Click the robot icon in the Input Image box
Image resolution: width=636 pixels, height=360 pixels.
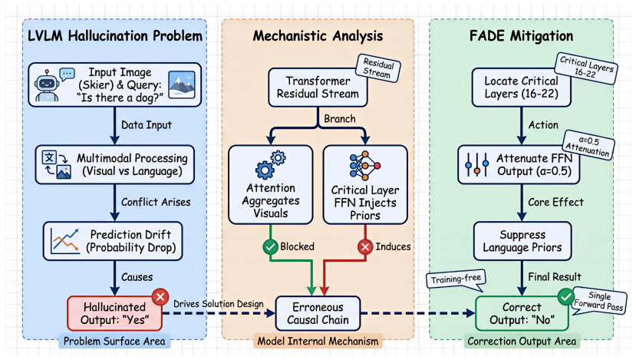coord(47,85)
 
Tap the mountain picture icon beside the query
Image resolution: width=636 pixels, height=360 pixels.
coord(182,85)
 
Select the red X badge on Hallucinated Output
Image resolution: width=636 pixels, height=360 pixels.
coord(160,297)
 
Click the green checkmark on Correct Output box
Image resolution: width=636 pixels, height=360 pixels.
coord(566,296)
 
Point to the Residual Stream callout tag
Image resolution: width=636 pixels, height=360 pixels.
coord(378,68)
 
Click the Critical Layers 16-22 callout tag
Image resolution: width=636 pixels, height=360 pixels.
coord(586,68)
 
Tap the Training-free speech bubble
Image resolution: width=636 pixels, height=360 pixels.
coord(456,279)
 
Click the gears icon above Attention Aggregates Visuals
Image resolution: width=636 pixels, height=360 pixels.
coord(271,165)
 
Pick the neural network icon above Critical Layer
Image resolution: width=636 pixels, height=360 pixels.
coord(364,166)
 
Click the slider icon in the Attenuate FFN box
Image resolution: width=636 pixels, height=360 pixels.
coord(477,164)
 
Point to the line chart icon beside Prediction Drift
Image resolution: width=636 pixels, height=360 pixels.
coord(65,241)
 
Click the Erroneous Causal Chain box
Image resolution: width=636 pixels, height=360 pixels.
coord(318,313)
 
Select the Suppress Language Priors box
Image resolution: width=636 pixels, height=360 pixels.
coord(522,241)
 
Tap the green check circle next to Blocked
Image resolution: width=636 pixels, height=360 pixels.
coord(270,246)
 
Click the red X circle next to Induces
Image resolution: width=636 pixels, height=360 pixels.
coord(365,246)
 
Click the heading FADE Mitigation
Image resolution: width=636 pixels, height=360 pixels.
coord(521,36)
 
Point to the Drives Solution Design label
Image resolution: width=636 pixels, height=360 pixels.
coord(219,304)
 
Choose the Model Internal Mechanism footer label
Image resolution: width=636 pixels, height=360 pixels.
coord(318,342)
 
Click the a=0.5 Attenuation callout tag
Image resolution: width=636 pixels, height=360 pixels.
coord(588,145)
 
